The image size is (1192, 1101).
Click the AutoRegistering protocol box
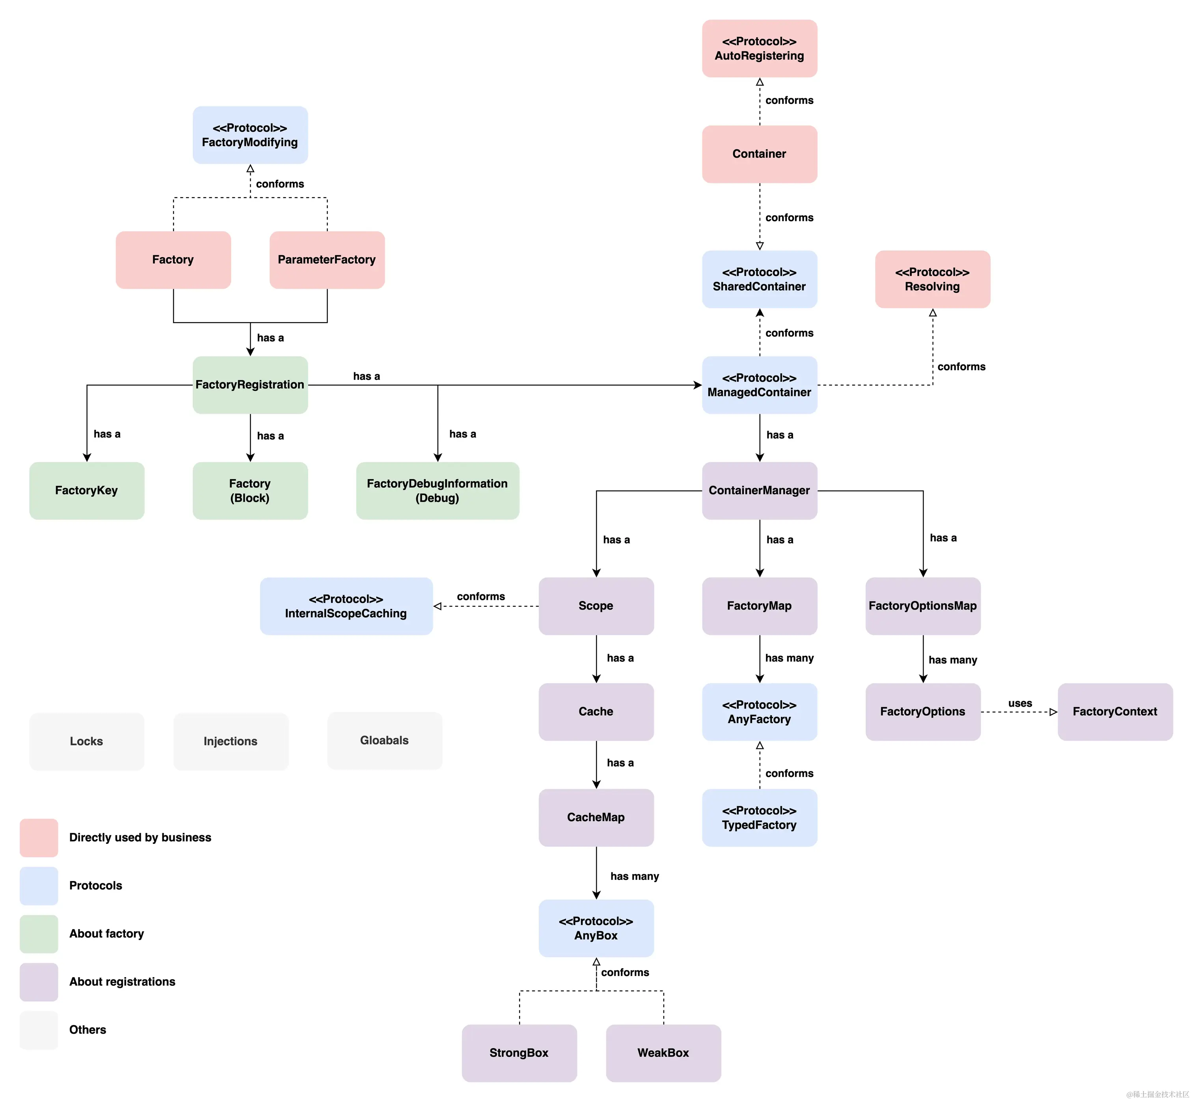click(759, 48)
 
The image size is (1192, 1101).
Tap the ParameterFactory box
click(327, 260)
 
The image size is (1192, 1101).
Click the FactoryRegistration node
click(250, 385)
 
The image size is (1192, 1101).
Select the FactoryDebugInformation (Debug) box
click(438, 490)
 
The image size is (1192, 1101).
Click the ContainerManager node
click(759, 490)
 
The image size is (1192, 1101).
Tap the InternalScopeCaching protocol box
click(346, 606)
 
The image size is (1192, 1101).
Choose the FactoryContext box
click(1115, 711)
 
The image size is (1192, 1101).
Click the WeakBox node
click(663, 1053)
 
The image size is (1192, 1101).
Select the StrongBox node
click(519, 1053)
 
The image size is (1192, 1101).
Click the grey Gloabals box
click(385, 741)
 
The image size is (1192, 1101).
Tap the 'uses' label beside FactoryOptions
click(1020, 703)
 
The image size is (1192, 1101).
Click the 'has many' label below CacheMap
click(635, 876)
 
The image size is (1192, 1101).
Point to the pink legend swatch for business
click(39, 838)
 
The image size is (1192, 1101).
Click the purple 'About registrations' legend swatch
click(39, 982)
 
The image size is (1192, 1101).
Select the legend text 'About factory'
click(106, 933)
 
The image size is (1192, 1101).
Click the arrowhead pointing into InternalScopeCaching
click(438, 606)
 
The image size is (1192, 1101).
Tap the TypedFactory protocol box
click(759, 817)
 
